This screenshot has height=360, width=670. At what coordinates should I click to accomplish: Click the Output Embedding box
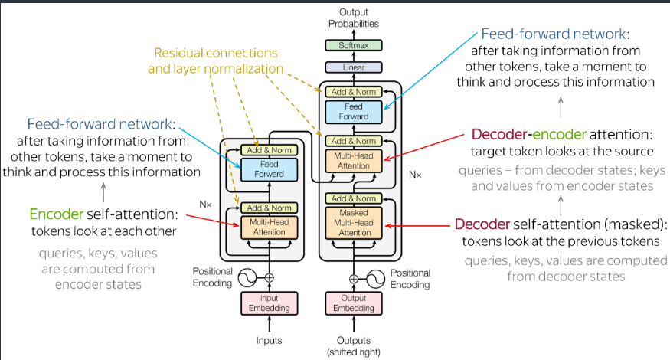coord(353,303)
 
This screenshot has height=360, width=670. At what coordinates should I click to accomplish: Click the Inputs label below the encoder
coord(268,339)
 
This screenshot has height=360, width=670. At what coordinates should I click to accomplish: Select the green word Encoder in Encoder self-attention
coord(56,214)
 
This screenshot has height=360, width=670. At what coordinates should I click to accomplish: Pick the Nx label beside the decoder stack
coord(414,175)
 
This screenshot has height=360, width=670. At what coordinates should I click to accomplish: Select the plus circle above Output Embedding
coord(353,279)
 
